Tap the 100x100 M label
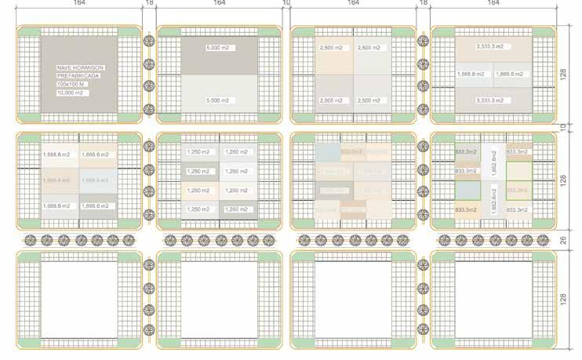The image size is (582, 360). pyautogui.click(x=70, y=83)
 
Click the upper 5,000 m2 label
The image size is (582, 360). pyautogui.click(x=218, y=48)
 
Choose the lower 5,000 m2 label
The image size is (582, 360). pyautogui.click(x=218, y=100)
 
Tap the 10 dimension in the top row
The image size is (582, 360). pyautogui.click(x=286, y=3)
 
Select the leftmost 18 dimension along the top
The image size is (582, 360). pyautogui.click(x=149, y=3)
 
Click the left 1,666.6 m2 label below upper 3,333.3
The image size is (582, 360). pyautogui.click(x=472, y=74)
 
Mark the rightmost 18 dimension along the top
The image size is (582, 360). pyautogui.click(x=424, y=3)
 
